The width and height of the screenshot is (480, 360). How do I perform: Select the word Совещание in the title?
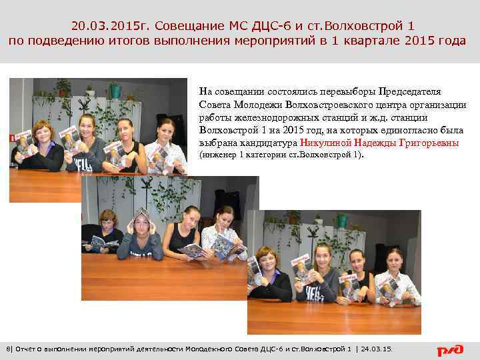point(187,26)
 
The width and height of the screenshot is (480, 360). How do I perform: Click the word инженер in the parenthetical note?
point(219,155)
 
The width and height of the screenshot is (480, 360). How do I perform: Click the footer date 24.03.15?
point(377,349)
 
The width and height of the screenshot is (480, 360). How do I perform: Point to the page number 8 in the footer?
point(7,349)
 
